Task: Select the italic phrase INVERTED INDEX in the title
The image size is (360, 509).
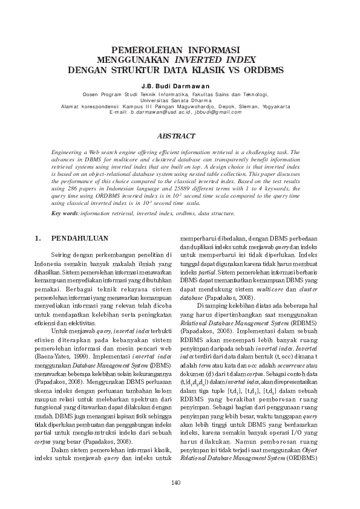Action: tap(215, 60)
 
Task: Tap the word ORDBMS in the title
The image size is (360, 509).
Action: tap(263, 70)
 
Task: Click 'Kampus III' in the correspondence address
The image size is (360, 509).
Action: tap(136, 106)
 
